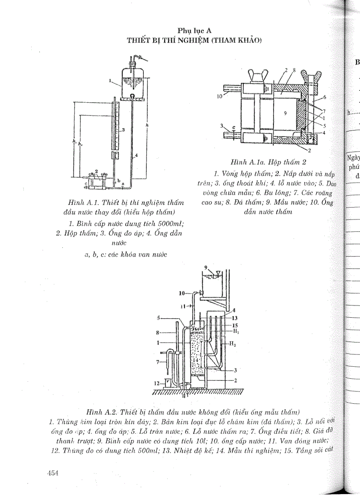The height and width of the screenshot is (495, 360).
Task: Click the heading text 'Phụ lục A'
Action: (195, 30)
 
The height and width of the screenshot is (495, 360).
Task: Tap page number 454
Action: (53, 473)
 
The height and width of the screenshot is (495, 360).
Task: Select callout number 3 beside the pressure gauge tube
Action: (124, 130)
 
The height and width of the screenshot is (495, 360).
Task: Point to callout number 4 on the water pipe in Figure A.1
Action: (136, 156)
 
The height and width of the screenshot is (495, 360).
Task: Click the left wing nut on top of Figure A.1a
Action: (255, 75)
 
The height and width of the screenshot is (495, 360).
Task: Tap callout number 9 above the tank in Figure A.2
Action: (205, 267)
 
